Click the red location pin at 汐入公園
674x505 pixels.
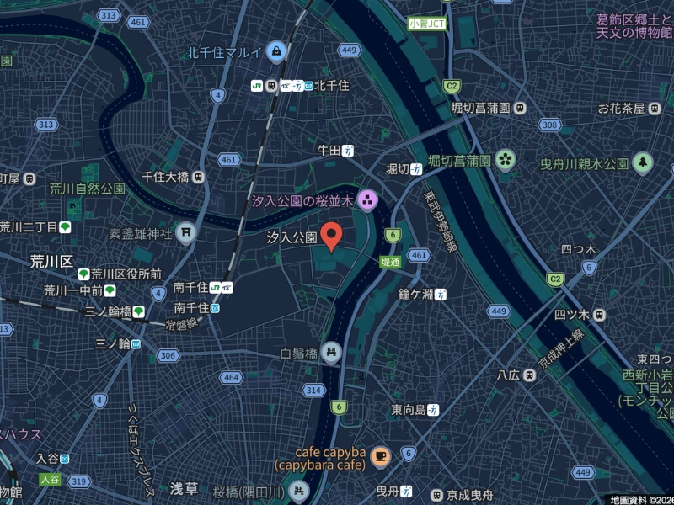pos(332,236)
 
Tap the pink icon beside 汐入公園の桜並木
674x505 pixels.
pos(366,200)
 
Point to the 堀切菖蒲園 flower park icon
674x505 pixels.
pos(505,160)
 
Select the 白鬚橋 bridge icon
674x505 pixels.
pos(331,352)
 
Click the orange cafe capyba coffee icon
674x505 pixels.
pos(380,456)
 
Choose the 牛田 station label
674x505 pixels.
pos(328,150)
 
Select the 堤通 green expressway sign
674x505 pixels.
pos(390,262)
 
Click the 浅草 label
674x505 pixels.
pos(184,488)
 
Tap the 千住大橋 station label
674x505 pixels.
pos(165,177)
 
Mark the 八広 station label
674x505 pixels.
pos(507,375)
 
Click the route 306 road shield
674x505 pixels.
pos(168,355)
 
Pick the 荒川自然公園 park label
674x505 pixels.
pos(87,189)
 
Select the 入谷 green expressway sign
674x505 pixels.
pos(50,479)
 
